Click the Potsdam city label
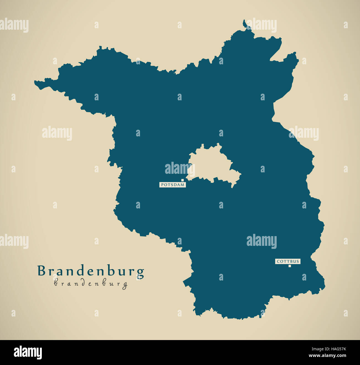tap(173, 185)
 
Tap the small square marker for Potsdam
tap(182, 180)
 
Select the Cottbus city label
tap(288, 261)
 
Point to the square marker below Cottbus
tap(290, 266)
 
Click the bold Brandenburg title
tap(91, 272)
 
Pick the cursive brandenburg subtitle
tap(91, 284)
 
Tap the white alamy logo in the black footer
tap(28, 353)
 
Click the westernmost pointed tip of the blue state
tap(35, 82)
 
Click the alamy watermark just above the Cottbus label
tap(261, 241)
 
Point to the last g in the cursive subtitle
tap(125, 285)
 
